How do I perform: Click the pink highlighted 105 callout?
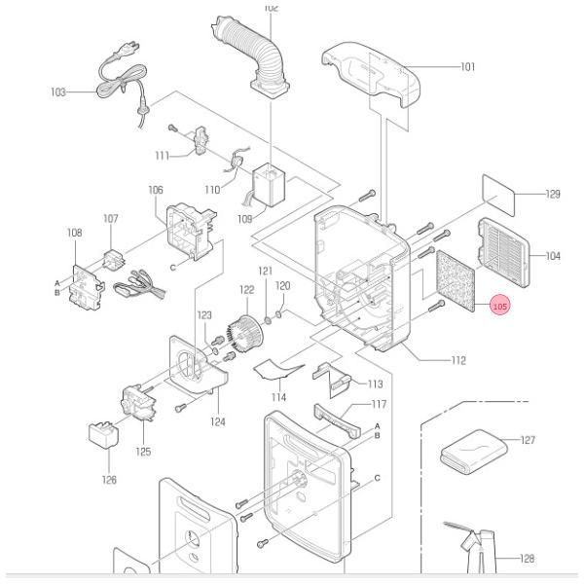click(x=500, y=307)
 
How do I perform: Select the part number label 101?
click(x=467, y=67)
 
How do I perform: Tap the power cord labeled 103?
click(x=124, y=78)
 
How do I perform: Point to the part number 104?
click(x=552, y=256)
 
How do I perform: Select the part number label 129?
click(x=552, y=195)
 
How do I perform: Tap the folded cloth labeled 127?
click(x=474, y=455)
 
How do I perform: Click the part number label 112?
click(x=457, y=360)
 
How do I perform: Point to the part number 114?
click(x=279, y=397)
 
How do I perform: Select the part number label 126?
click(x=109, y=479)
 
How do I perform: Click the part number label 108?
click(x=74, y=233)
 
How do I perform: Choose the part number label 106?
click(x=156, y=191)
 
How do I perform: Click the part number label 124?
click(x=217, y=421)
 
